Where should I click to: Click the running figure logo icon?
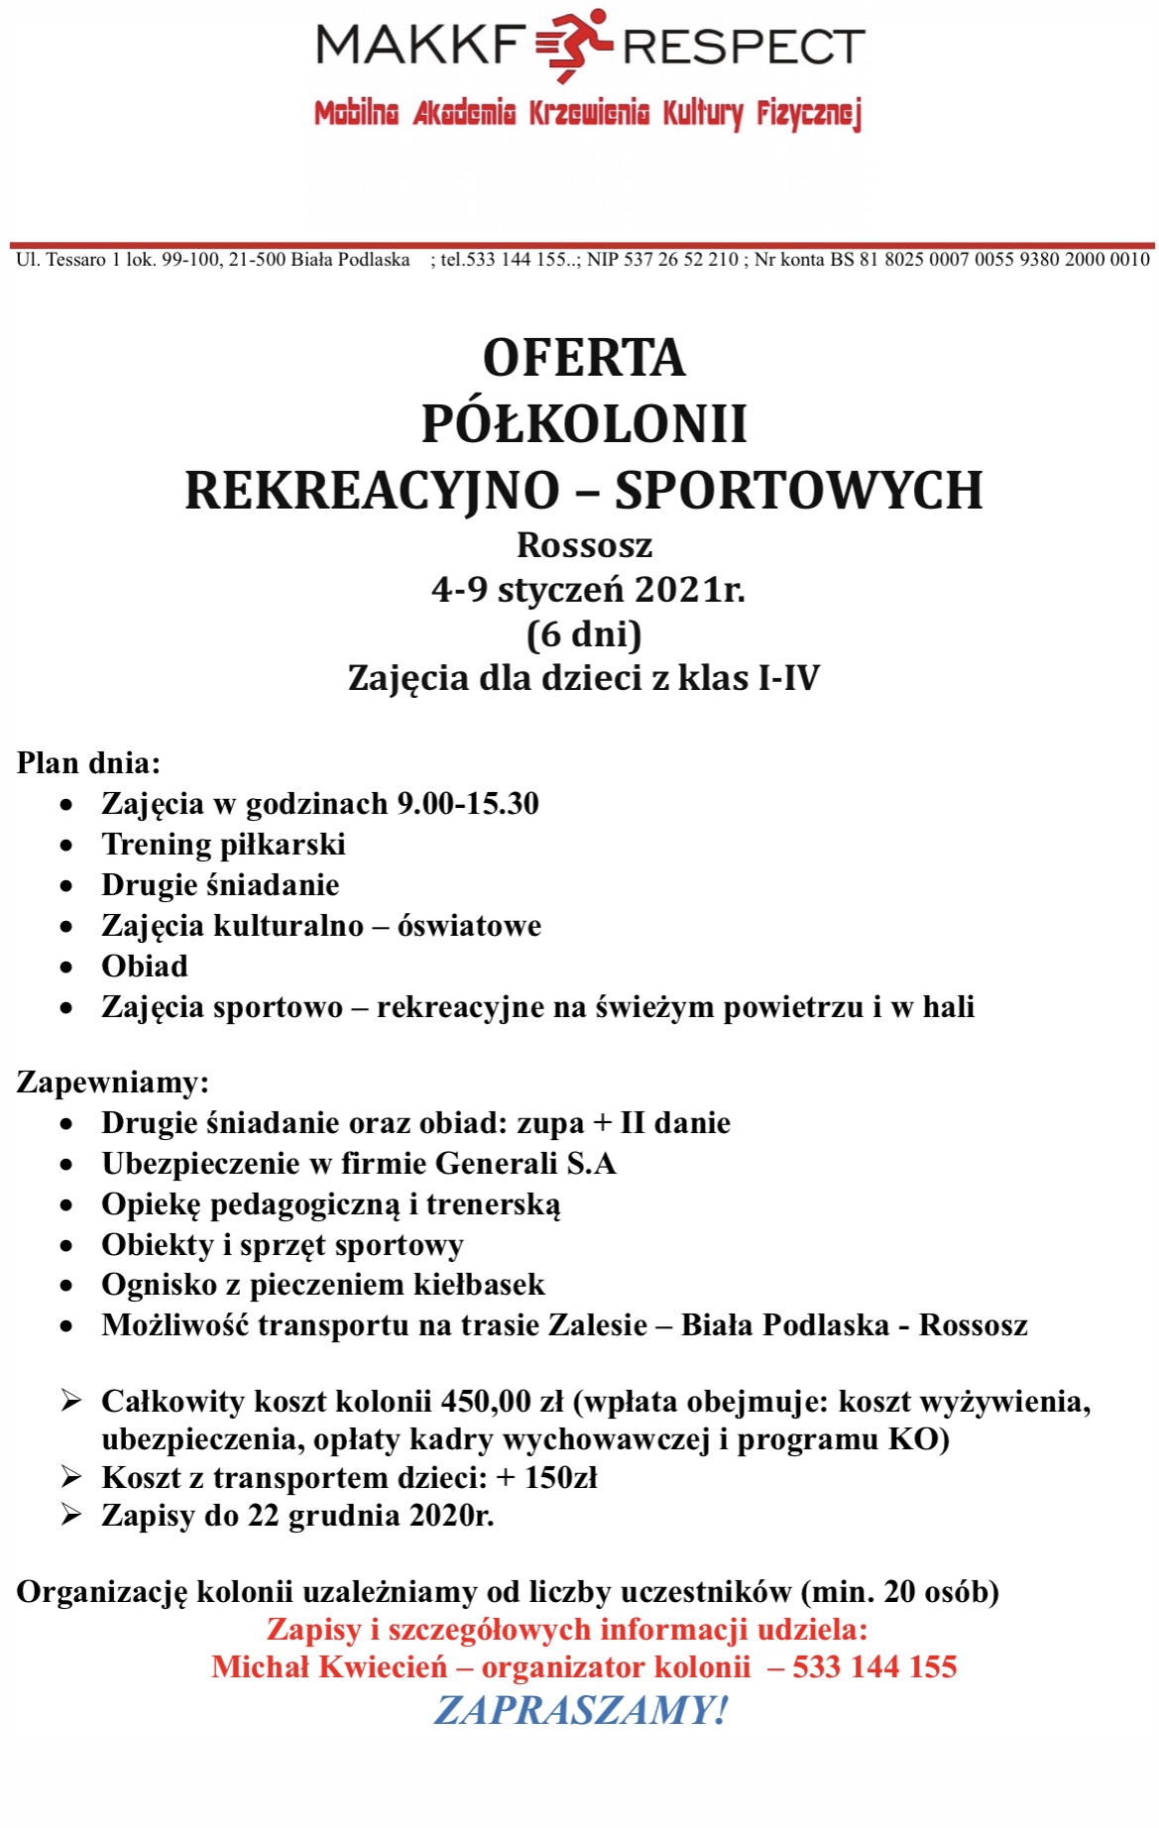pyautogui.click(x=574, y=46)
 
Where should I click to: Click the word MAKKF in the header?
pyautogui.click(x=420, y=46)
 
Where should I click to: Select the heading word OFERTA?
pyautogui.click(x=584, y=359)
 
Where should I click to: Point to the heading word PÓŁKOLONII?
pyautogui.click(x=584, y=424)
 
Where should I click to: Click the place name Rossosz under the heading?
pyautogui.click(x=584, y=545)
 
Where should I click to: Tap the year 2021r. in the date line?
pyautogui.click(x=690, y=590)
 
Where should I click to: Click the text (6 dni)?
pyautogui.click(x=584, y=634)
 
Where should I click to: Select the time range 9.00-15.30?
pyautogui.click(x=467, y=804)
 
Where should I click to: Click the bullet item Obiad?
pyautogui.click(x=145, y=967)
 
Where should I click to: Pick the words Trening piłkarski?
pyautogui.click(x=223, y=845)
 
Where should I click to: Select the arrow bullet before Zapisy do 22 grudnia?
pyautogui.click(x=70, y=1515)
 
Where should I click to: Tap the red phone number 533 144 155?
pyautogui.click(x=874, y=1667)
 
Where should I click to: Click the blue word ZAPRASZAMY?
pyautogui.click(x=581, y=1711)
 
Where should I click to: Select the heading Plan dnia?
pyautogui.click(x=88, y=763)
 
